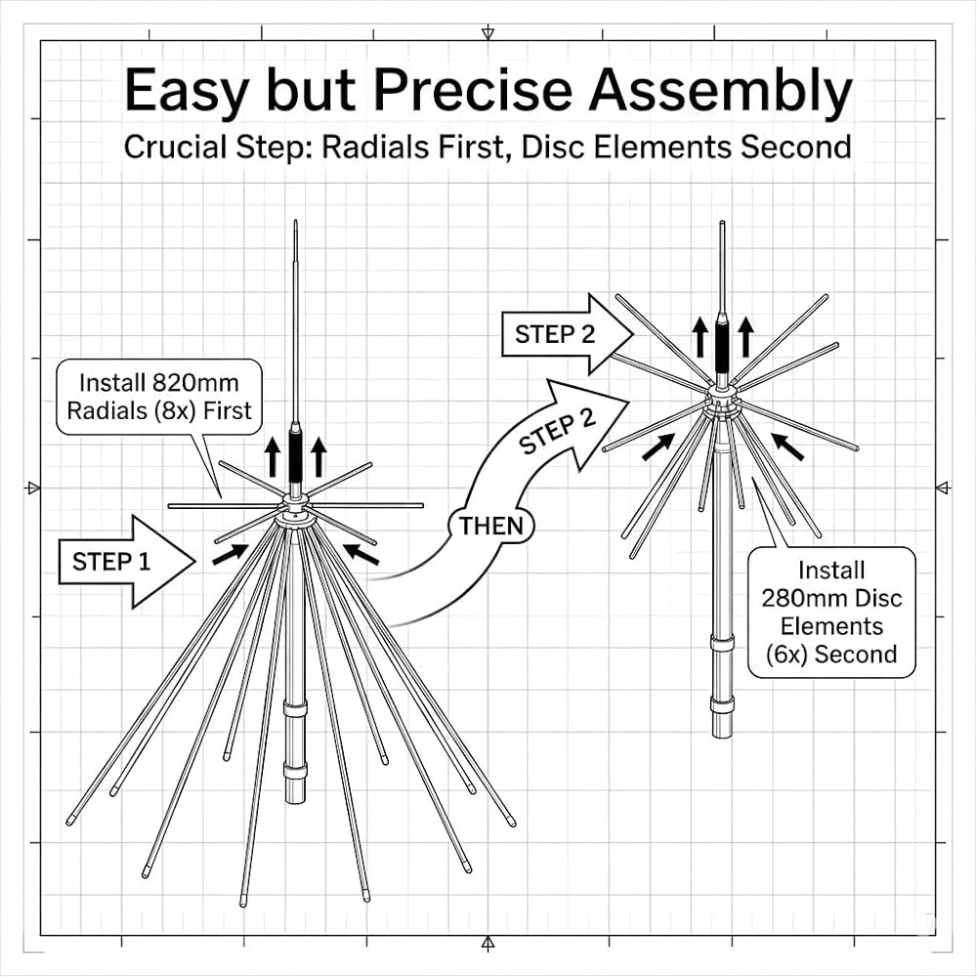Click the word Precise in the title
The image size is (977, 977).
(x=472, y=90)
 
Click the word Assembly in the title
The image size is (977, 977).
(x=720, y=92)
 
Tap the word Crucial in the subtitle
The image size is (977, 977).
(x=175, y=148)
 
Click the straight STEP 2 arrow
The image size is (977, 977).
(x=567, y=334)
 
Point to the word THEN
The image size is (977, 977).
(x=491, y=527)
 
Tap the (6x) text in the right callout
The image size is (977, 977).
(x=786, y=655)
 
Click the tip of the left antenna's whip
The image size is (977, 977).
(x=295, y=221)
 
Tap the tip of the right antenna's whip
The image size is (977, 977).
(x=722, y=222)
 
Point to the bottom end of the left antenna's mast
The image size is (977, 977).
(x=295, y=801)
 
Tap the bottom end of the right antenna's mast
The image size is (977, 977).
(x=722, y=736)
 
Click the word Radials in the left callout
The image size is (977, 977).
(x=107, y=411)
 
